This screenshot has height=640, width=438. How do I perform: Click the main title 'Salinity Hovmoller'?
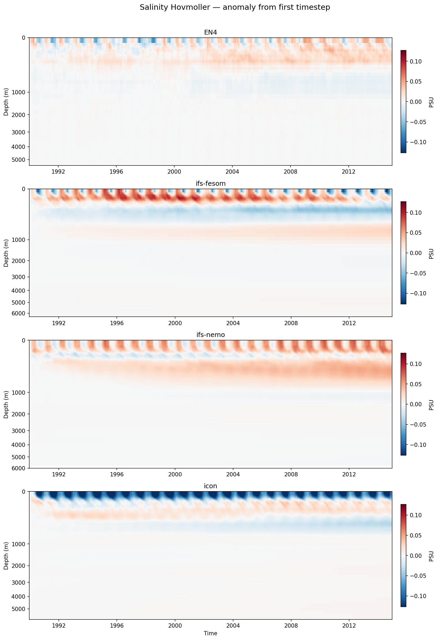235,7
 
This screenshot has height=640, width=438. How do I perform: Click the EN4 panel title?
210,32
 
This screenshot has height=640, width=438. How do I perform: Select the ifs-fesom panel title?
210,183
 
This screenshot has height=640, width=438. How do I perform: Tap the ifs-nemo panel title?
210,335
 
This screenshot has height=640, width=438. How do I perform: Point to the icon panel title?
210,486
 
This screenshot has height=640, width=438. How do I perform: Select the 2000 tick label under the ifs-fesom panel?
175,323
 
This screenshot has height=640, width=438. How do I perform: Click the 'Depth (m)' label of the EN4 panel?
6,102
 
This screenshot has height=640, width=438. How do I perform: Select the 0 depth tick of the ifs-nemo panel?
23,340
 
